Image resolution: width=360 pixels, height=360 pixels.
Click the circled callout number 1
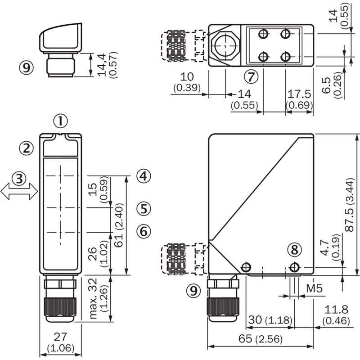click(61, 121)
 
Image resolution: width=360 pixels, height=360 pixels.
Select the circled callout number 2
click(27, 148)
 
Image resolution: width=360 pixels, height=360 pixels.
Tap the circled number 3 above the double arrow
click(19, 179)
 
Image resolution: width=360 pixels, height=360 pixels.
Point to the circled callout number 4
click(144, 176)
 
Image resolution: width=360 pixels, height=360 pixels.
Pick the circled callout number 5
click(144, 209)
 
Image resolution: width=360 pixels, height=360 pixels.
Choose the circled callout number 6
click(144, 231)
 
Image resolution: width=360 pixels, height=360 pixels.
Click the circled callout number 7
click(251, 76)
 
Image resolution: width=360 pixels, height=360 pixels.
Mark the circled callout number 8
click(295, 250)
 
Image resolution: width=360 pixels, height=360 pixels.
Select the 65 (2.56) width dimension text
click(261, 339)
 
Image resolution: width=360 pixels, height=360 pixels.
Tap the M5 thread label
click(314, 288)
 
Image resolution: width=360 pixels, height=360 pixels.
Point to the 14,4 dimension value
click(101, 65)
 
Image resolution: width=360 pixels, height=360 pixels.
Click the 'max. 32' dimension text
click(93, 298)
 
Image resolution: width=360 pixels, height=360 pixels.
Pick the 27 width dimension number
click(60, 337)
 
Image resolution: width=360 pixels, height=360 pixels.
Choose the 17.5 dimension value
click(299, 94)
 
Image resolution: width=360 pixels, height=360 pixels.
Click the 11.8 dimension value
click(336, 310)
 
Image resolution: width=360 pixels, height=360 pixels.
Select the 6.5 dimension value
click(326, 85)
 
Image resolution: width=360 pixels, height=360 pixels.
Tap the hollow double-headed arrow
click(19, 192)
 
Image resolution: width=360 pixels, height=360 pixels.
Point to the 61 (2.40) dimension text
click(119, 225)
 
